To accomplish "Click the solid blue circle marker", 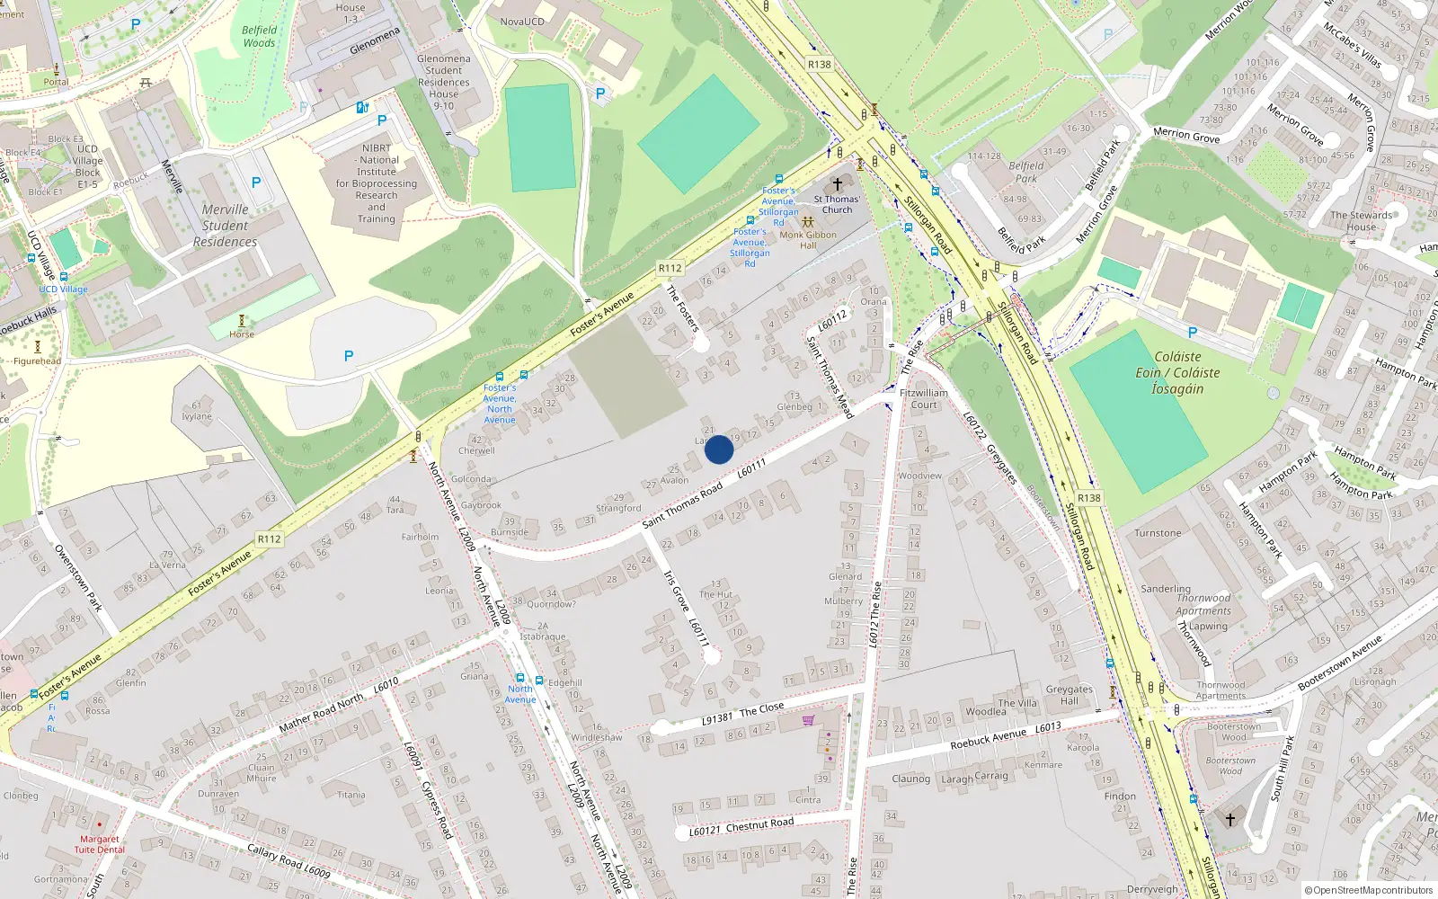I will tap(719, 449).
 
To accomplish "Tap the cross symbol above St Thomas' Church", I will tap(838, 183).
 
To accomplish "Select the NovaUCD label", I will tap(522, 22).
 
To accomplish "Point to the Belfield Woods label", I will tap(259, 36).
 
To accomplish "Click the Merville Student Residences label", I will tap(225, 226).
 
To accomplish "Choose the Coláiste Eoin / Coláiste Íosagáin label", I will tap(1177, 372).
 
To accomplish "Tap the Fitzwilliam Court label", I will tap(924, 398).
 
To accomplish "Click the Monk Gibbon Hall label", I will tap(808, 240).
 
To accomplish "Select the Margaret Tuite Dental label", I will tap(99, 844).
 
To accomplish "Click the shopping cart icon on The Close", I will tap(808, 720).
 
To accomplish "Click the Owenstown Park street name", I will tap(78, 578).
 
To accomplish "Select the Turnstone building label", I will tap(1158, 533).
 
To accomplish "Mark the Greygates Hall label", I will tap(1069, 695).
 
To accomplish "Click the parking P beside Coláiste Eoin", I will tap(1193, 333).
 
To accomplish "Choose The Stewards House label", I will tap(1361, 221).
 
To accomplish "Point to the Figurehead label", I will tap(37, 361).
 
